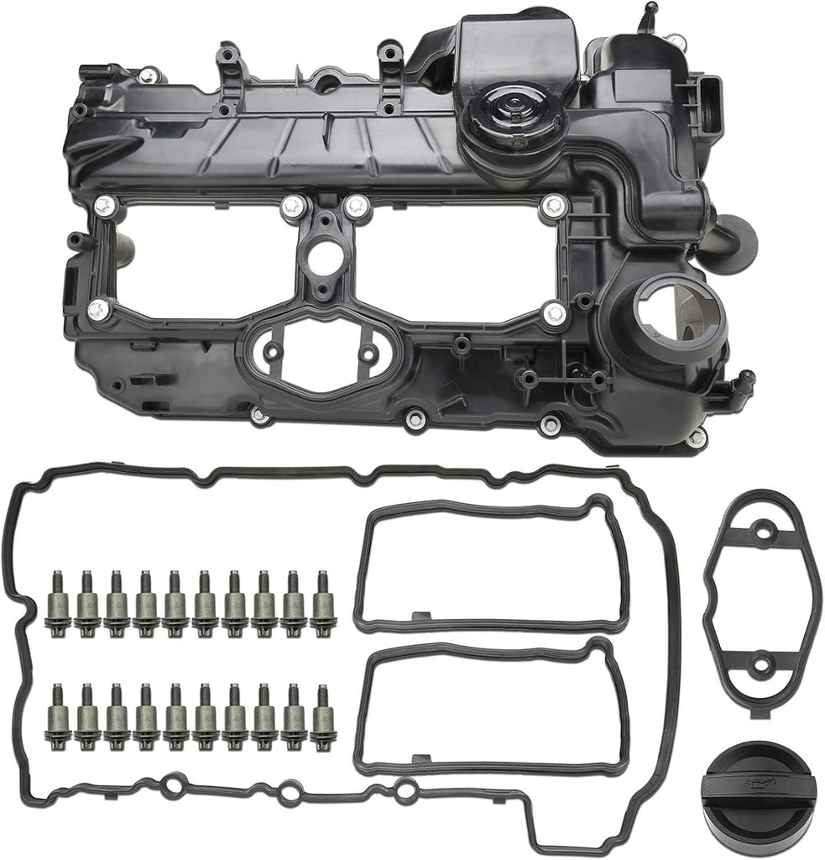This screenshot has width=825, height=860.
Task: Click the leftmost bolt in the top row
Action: pyautogui.click(x=58, y=603)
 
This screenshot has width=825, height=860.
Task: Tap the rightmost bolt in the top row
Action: pyautogui.click(x=323, y=603)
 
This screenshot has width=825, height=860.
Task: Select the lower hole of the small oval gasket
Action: pyautogui.click(x=760, y=666)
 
